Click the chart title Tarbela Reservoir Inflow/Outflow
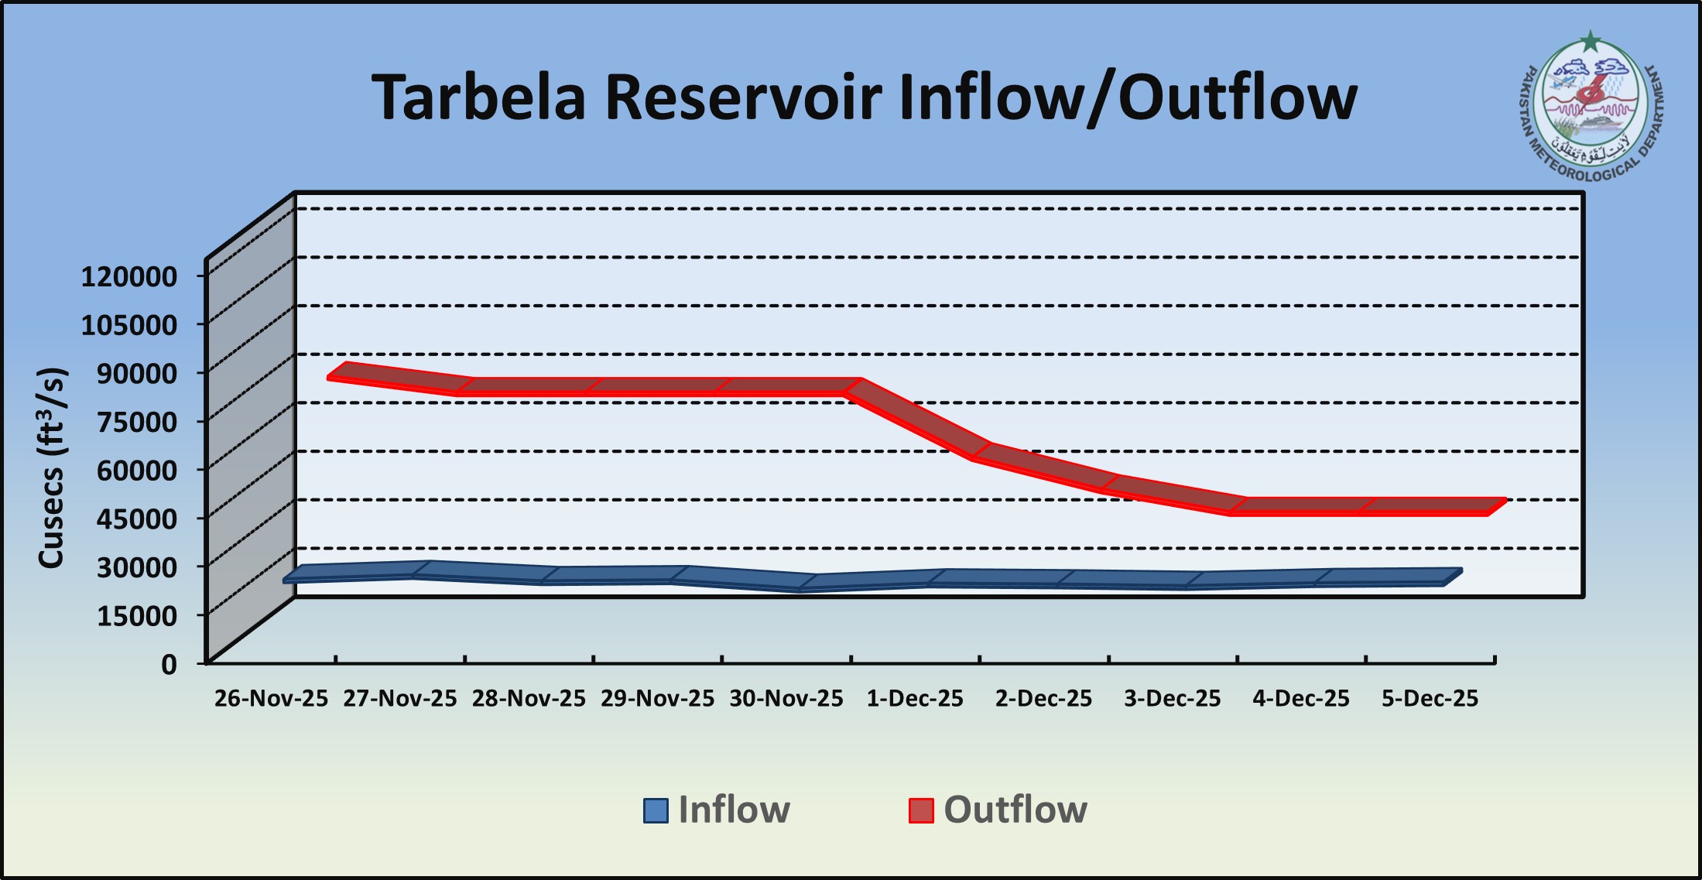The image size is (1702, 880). (x=864, y=98)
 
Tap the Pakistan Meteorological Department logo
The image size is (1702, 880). (x=1591, y=108)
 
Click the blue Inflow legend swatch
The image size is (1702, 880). (x=656, y=810)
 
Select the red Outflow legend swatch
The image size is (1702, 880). (x=920, y=810)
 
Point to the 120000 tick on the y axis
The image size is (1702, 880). (x=129, y=276)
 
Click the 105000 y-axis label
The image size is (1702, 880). (x=129, y=324)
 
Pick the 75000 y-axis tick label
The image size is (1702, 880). (x=137, y=421)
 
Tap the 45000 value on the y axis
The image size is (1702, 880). (x=137, y=518)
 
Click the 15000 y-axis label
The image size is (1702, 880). (x=137, y=615)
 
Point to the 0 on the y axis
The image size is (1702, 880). (x=169, y=664)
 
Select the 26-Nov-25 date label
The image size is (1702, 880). (x=272, y=699)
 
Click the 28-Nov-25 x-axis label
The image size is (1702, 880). (x=529, y=699)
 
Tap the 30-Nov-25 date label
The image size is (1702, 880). (x=786, y=699)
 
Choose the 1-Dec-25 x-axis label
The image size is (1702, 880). (x=915, y=699)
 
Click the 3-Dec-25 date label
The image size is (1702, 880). (x=1173, y=699)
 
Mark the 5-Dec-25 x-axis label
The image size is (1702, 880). (x=1430, y=699)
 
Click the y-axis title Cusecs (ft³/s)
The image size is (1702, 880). (x=53, y=468)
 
